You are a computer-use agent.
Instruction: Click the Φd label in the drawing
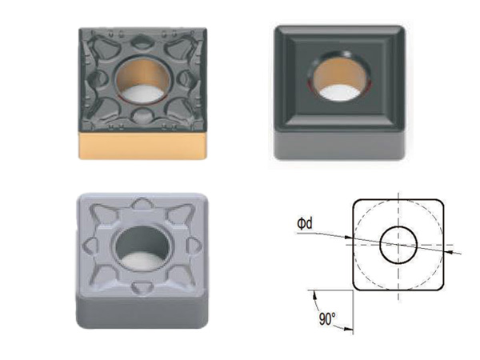pos(305,223)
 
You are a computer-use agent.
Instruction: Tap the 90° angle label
pos(327,318)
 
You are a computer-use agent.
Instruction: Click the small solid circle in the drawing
pos(398,245)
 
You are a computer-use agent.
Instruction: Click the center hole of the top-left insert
pos(142,81)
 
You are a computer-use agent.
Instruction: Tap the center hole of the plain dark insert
pos(339,77)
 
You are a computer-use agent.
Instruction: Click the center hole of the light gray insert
pos(142,248)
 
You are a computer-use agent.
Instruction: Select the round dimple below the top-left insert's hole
pos(142,116)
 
